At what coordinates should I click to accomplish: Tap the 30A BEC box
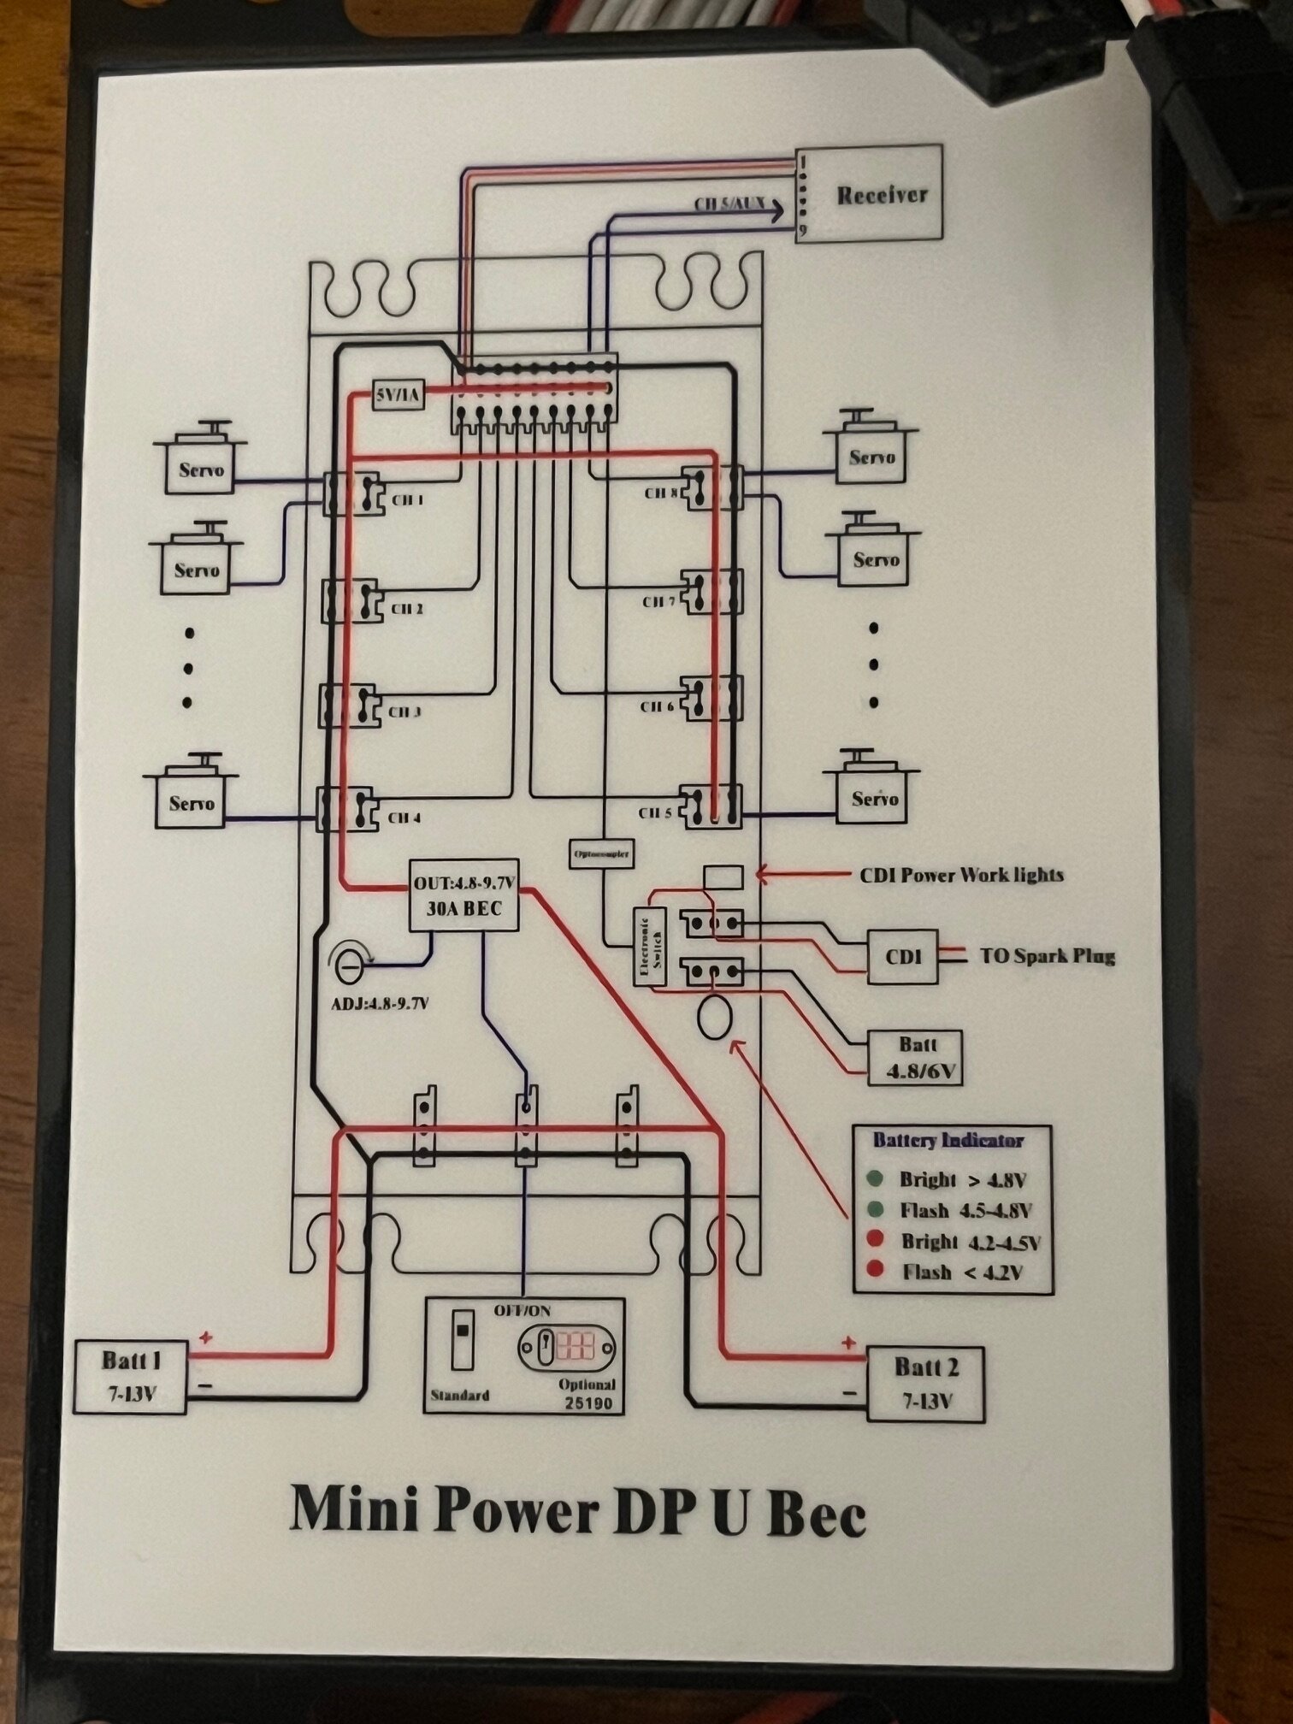coord(464,894)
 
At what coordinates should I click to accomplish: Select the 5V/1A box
coord(399,395)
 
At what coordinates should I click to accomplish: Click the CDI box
coord(902,957)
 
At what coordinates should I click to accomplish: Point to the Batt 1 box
coord(130,1376)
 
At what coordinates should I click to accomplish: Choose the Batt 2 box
coord(925,1383)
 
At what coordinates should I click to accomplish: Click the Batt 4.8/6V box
coord(915,1058)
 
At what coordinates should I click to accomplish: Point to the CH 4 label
coord(404,818)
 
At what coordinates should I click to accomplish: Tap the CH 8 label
coord(661,493)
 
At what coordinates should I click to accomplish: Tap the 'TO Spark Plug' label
coord(1047,955)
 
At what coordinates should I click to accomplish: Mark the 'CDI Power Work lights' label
coord(961,875)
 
